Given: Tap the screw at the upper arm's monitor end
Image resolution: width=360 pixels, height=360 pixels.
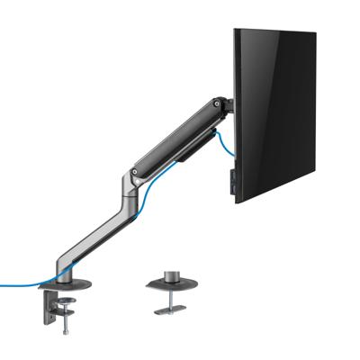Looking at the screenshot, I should point(216,107).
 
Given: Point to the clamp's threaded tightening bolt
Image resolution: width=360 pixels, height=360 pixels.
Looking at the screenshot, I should point(66,319).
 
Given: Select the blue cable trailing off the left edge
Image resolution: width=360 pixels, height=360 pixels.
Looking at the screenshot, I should point(18,286).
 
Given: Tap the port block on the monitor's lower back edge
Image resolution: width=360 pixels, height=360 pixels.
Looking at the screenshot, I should point(232,179).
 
